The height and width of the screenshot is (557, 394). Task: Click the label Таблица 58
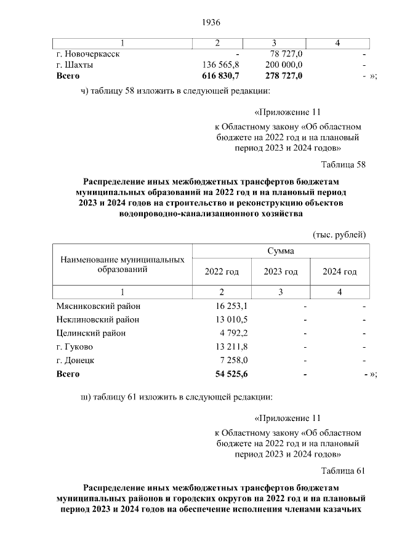pyautogui.click(x=344, y=164)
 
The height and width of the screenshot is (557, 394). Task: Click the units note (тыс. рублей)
pyautogui.click(x=339, y=234)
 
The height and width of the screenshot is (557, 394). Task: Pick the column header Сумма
pyautogui.click(x=280, y=251)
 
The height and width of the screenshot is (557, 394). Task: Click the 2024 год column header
pyautogui.click(x=339, y=271)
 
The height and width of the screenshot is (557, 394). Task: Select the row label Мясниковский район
pyautogui.click(x=98, y=305)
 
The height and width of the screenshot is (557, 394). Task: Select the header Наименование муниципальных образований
pyautogui.click(x=123, y=265)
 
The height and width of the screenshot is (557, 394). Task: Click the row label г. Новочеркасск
pyautogui.click(x=88, y=54)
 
